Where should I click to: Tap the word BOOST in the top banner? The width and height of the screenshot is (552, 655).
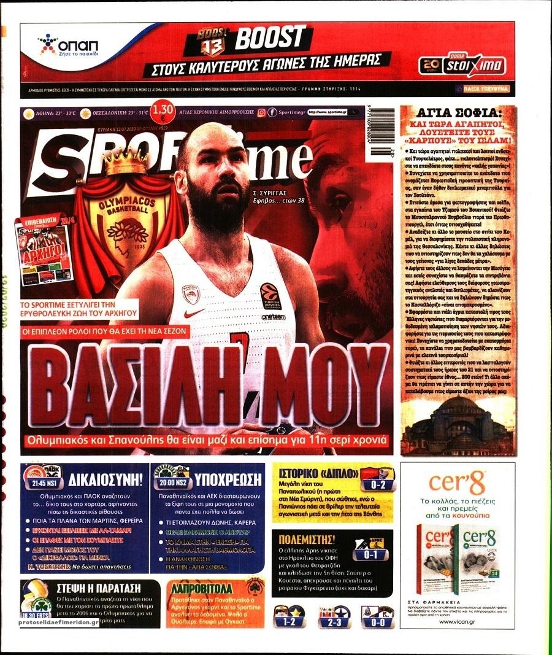tap(270, 39)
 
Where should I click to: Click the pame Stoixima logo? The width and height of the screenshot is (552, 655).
tap(463, 64)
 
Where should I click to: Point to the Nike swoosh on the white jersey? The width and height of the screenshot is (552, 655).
tap(195, 313)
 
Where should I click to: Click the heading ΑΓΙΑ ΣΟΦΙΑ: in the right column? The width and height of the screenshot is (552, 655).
tap(458, 112)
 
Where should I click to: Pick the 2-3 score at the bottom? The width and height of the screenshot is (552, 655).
tap(334, 621)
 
